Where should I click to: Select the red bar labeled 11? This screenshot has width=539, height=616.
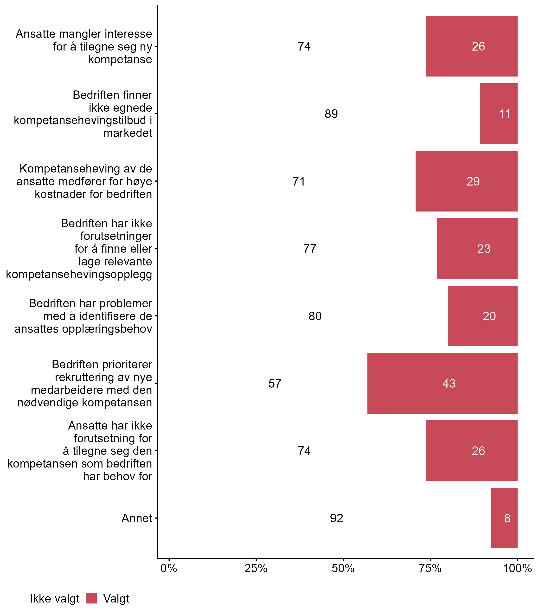[498, 114]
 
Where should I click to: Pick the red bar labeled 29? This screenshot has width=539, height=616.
[466, 181]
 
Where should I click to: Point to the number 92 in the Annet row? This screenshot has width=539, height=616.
[336, 518]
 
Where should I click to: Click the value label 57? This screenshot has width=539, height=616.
[275, 384]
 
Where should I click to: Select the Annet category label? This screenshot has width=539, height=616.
[137, 518]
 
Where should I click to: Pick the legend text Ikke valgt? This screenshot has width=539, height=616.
[54, 599]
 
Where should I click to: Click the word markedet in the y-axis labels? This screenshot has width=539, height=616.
[128, 133]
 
